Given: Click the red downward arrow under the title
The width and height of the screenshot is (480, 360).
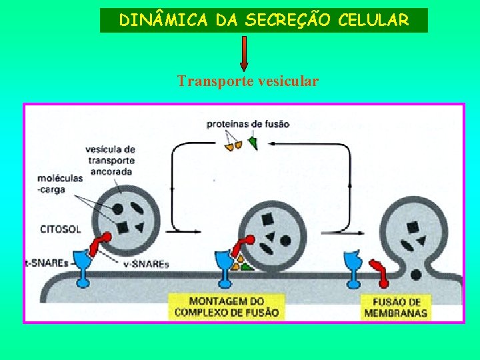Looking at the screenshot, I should (x=244, y=53).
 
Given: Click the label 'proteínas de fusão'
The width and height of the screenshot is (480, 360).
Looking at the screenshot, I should (x=247, y=124).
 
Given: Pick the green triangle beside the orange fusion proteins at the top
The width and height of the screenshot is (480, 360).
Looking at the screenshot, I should (x=253, y=143).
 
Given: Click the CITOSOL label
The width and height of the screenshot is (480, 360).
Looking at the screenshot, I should (x=61, y=229).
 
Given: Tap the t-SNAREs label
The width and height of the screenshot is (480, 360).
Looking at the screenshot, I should (x=47, y=263).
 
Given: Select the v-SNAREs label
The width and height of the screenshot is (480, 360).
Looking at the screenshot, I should (x=147, y=264).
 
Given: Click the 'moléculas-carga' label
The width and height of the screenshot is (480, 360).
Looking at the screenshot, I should (x=61, y=183).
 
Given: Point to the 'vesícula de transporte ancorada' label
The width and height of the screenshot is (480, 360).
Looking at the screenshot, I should (x=110, y=160).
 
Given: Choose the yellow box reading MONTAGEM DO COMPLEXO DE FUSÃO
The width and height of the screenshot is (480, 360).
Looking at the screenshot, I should (x=227, y=307).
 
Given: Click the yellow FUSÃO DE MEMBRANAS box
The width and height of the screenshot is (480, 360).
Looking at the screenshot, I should (x=395, y=307).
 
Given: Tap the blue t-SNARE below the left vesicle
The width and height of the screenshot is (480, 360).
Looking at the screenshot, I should (x=84, y=267).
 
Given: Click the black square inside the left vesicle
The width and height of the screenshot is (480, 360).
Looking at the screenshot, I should (x=123, y=229).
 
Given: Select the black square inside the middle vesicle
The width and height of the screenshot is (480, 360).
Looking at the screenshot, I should (x=268, y=219).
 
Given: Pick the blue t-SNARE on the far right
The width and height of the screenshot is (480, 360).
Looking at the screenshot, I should (x=351, y=267).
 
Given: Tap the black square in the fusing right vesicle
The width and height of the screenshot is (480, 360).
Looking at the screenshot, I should (x=413, y=227).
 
